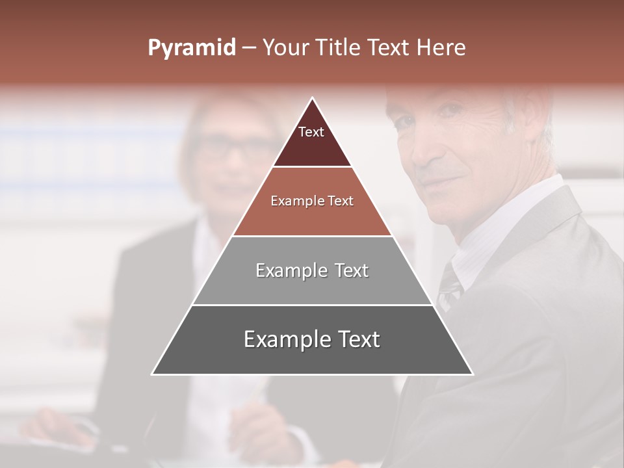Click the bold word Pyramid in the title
[x=191, y=48]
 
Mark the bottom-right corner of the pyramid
[x=472, y=374]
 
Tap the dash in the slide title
[x=248, y=48]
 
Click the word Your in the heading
[x=284, y=47]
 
